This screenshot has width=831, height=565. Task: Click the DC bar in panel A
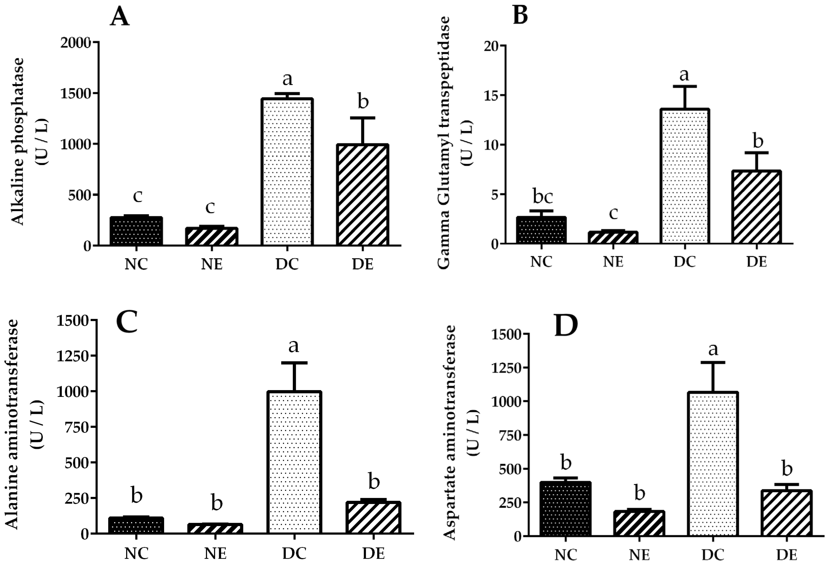click(287, 172)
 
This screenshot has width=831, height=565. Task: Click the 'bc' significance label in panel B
click(543, 196)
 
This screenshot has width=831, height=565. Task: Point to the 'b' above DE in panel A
click(363, 102)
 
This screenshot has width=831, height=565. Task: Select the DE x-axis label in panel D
click(787, 555)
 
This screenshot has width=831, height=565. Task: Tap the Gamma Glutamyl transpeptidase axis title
click(443, 143)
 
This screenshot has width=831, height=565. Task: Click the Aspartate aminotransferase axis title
click(450, 432)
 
